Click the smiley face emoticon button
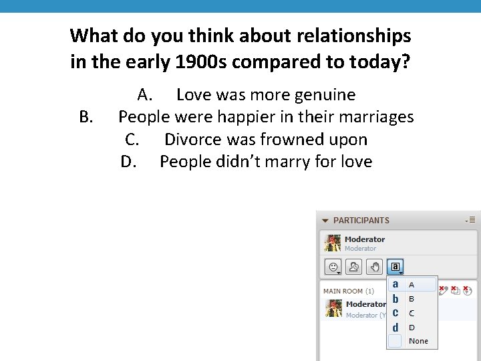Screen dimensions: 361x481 [x=332, y=267]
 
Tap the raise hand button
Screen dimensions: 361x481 [x=375, y=267]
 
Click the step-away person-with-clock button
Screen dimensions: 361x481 [x=354, y=267]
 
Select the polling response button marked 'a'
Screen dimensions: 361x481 [x=395, y=267]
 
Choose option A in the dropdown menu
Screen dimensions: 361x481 [x=412, y=285]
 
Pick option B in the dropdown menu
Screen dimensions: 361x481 [x=412, y=299]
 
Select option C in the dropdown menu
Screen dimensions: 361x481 [x=412, y=313]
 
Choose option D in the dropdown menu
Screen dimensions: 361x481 [x=412, y=328]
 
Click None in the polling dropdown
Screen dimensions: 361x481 [x=418, y=341]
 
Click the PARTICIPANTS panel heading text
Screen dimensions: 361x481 [x=361, y=220]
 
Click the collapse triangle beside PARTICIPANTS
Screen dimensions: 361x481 [x=325, y=220]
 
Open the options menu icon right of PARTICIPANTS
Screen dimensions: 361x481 [x=470, y=219]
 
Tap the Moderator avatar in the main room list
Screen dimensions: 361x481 [x=333, y=308]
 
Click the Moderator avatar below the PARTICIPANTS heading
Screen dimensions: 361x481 [x=333, y=243]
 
